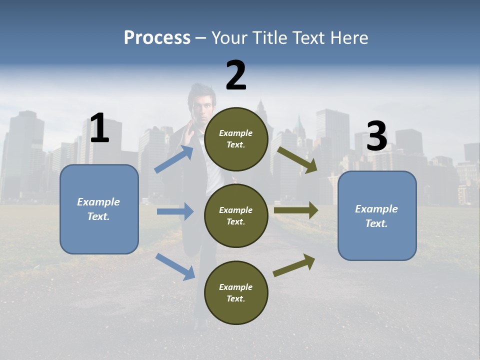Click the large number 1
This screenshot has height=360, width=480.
click(x=99, y=128)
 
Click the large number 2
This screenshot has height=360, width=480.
click(x=236, y=75)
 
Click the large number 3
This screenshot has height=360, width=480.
click(x=376, y=136)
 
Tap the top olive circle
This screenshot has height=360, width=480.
click(x=236, y=139)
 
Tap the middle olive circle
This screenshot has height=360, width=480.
click(x=236, y=215)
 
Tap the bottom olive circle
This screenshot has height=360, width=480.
click(x=236, y=292)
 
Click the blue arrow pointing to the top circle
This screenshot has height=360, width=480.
click(x=174, y=159)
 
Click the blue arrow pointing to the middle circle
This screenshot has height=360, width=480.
click(x=175, y=211)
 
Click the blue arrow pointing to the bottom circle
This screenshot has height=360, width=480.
click(x=175, y=266)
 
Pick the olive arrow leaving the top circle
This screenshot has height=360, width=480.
click(x=297, y=160)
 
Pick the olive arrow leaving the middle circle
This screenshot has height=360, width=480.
click(x=296, y=210)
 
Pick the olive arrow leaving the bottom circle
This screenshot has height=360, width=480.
click(x=294, y=265)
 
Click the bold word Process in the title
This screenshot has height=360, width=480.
click(x=157, y=37)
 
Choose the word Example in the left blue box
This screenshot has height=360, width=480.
click(x=98, y=202)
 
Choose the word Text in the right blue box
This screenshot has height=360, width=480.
click(x=376, y=223)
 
